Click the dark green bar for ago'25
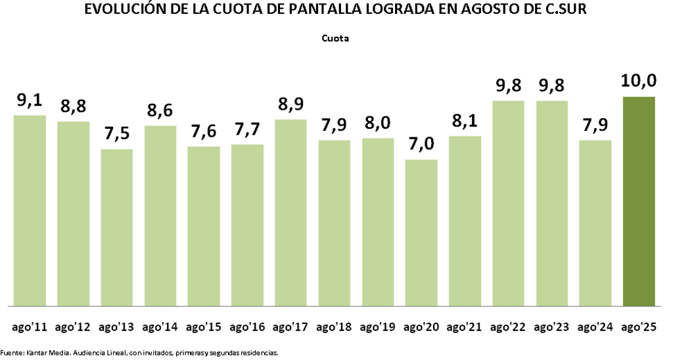point(639,201)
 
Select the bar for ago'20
point(421,233)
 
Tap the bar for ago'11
point(30,210)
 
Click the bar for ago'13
point(116,227)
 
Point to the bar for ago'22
point(508,203)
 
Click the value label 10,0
point(639,81)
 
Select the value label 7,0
point(421,144)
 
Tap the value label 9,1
point(30,100)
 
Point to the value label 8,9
point(291,104)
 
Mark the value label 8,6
point(160,110)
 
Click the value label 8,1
point(465,121)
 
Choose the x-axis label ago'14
point(160,326)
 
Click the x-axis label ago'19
point(378,326)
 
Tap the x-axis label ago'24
point(595,326)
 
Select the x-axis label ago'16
point(247,326)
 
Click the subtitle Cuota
point(335,38)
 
